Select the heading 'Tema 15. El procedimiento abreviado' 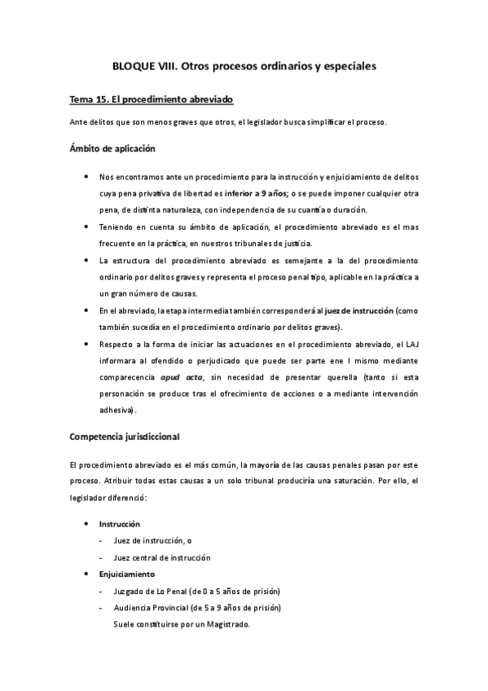(x=152, y=99)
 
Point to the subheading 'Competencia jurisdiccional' (x=125, y=436)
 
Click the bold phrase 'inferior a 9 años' (x=248, y=192)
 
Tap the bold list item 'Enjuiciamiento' (x=126, y=574)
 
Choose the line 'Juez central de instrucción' (x=162, y=557)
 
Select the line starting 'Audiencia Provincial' (x=198, y=608)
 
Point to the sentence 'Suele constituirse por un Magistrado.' (x=182, y=624)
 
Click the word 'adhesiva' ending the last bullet (x=117, y=410)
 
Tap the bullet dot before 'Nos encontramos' (x=87, y=176)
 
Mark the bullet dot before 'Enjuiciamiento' (x=87, y=574)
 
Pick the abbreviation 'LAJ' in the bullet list (x=410, y=344)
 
